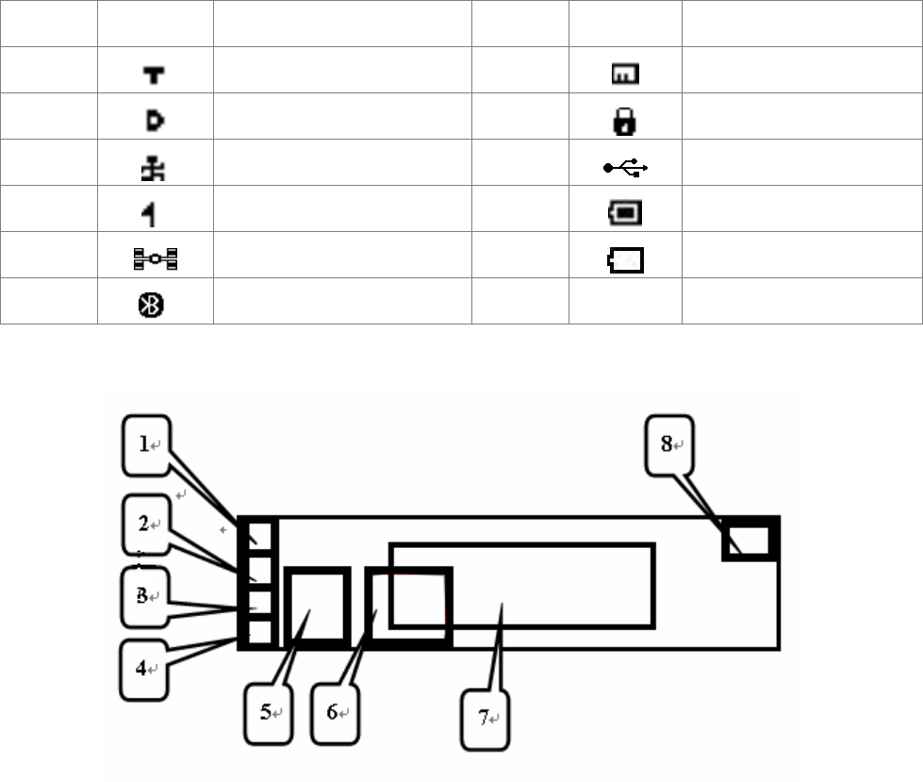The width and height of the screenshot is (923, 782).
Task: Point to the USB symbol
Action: [625, 168]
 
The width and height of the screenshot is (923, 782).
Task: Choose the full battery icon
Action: [626, 213]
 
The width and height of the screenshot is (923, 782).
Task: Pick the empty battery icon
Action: [626, 259]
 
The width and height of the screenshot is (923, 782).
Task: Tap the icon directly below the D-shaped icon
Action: [155, 167]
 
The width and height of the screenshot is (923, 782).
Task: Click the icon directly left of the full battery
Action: [155, 213]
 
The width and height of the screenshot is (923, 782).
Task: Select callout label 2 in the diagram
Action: [145, 524]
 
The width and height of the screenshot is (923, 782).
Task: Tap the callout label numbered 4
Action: [145, 669]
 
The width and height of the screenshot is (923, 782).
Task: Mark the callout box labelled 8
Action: [668, 444]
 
